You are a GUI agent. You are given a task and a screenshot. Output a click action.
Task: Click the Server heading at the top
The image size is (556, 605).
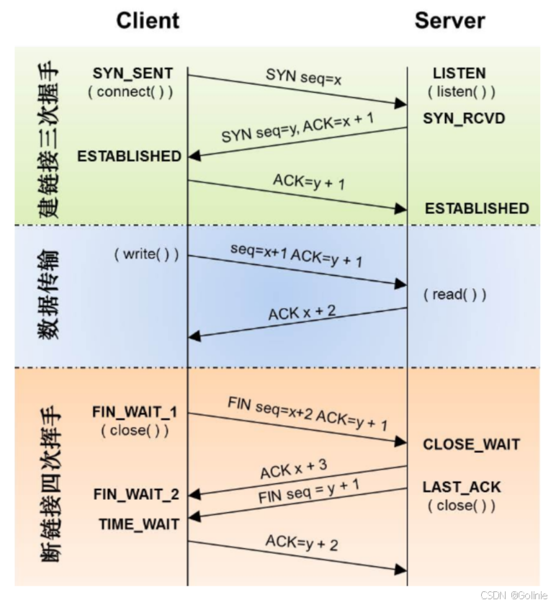[x=449, y=21]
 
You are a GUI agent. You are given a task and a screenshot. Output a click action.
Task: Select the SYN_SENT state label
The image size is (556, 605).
[x=133, y=73]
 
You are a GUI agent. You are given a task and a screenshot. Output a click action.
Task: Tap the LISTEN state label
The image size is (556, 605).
[x=459, y=73]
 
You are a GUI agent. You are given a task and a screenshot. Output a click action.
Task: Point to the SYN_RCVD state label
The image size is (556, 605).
[x=464, y=118]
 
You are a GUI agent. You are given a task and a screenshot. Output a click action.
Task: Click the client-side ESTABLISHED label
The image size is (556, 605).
[x=130, y=156]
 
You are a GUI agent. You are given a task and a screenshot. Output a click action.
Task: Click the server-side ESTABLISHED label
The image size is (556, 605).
[x=477, y=208]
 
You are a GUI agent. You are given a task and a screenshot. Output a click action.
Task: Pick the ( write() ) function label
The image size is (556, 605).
[x=145, y=255]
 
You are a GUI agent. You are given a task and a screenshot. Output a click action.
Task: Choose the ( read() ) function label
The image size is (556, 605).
[x=455, y=295]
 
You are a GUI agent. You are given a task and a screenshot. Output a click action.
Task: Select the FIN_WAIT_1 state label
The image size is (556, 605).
[x=135, y=413]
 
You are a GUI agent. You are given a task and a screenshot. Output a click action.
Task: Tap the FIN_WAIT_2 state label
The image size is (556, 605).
[x=136, y=495]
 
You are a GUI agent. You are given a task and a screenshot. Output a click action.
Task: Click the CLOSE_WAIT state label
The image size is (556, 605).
[x=471, y=444]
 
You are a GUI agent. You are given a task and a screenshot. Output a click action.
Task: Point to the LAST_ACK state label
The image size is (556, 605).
[x=462, y=488]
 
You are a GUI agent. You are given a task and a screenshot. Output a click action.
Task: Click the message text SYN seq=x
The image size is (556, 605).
[x=303, y=76]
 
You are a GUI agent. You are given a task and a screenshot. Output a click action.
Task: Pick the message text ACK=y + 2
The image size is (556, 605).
[x=302, y=542]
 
